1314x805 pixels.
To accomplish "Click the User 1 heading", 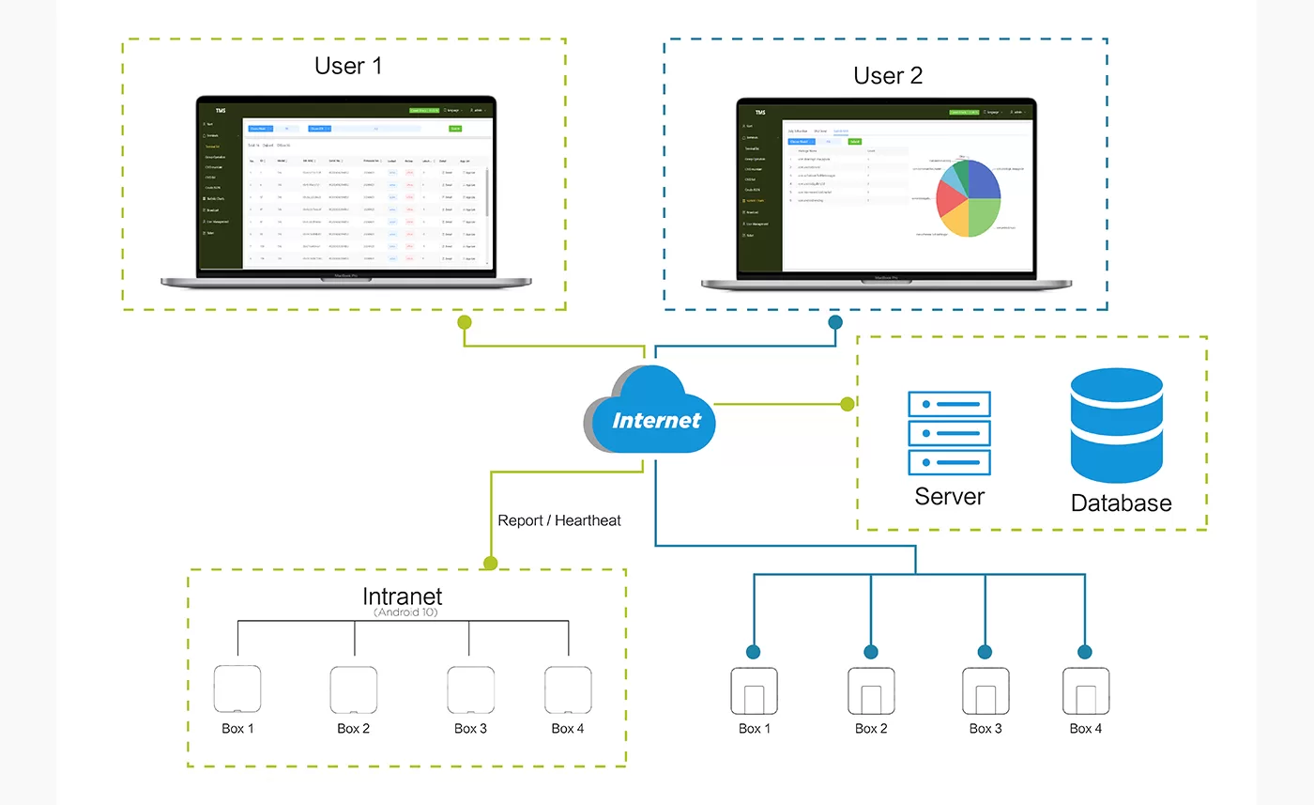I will click(x=348, y=66).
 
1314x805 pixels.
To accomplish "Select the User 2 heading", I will click(x=888, y=76).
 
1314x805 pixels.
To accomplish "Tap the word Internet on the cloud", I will click(x=656, y=420).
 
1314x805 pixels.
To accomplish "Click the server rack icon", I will click(x=949, y=433).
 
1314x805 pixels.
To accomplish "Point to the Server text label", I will click(x=950, y=496).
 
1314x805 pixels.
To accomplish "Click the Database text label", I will click(x=1121, y=503).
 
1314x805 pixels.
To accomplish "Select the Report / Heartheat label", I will click(x=559, y=520).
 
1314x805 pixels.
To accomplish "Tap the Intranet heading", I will click(x=402, y=596).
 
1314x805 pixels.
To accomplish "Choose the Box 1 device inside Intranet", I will click(x=237, y=689).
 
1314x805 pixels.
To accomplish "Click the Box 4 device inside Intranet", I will click(x=569, y=689).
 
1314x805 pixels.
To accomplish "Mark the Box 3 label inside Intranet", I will click(x=470, y=728).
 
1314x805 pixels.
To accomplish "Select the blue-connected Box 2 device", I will click(x=871, y=692).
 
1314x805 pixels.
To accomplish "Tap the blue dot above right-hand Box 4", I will click(x=1085, y=652).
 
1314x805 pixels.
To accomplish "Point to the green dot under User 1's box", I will click(x=464, y=322).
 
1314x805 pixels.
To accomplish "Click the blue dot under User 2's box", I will click(x=835, y=322).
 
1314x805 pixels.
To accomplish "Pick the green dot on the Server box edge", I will click(x=848, y=404).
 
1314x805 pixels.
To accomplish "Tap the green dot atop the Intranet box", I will click(x=489, y=564).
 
